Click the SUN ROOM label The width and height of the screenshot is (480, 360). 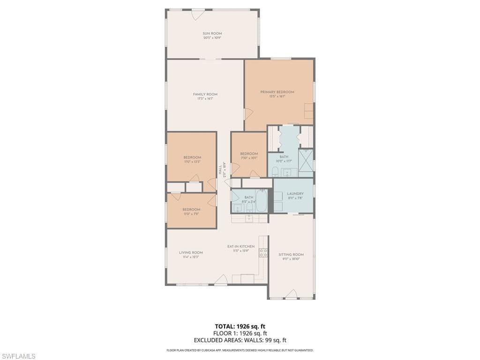212,33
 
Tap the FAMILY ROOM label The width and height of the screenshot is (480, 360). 205,94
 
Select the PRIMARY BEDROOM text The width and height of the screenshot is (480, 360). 277,92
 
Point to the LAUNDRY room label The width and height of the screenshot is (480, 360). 295,194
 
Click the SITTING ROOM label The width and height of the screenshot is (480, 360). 291,255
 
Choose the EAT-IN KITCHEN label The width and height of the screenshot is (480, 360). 241,246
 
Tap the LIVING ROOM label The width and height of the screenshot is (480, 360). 191,252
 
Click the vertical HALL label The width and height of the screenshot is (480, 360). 219,170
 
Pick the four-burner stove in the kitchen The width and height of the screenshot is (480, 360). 263,253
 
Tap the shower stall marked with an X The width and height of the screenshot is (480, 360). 306,163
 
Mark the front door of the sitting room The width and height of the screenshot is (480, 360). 291,294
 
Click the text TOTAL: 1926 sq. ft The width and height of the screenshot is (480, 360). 240,326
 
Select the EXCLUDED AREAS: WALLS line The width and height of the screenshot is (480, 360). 240,340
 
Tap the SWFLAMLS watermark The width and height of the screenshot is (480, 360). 18,356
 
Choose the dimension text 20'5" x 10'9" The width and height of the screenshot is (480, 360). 212,37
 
